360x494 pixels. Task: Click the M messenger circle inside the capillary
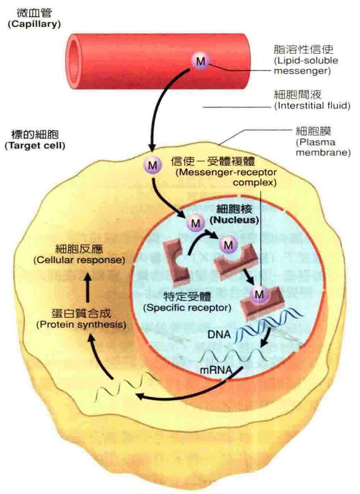[200, 61]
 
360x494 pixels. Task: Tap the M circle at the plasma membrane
[152, 165]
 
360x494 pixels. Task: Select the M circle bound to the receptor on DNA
[259, 294]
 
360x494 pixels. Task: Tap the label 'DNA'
[219, 334]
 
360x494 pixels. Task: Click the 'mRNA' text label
[216, 370]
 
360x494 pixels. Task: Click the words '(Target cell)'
[35, 146]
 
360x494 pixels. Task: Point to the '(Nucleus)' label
[234, 220]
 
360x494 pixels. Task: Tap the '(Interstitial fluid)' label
[312, 105]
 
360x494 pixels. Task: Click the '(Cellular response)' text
[79, 260]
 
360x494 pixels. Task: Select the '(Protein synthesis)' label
[81, 324]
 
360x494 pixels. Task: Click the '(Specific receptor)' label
[187, 307]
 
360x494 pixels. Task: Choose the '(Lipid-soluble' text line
[306, 60]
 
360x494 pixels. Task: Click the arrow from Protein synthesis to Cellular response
[88, 288]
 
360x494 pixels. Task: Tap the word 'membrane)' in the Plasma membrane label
[323, 153]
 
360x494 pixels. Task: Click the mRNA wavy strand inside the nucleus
[234, 356]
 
